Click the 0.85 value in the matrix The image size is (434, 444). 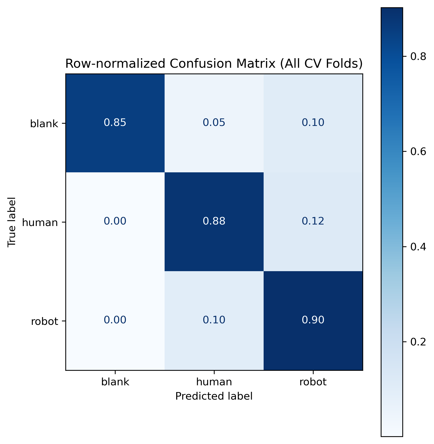[x=115, y=122]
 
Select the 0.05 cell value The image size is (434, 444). [x=214, y=122]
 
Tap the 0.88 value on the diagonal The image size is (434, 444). [x=214, y=221]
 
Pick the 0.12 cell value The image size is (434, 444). [x=313, y=221]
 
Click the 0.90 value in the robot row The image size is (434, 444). [x=313, y=320]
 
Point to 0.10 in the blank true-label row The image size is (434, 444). [x=313, y=122]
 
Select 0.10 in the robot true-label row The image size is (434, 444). [x=214, y=320]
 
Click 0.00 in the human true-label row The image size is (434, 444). [x=115, y=221]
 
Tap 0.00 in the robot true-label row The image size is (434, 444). [x=115, y=320]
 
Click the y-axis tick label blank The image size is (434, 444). [x=44, y=124]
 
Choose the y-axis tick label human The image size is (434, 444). [x=40, y=223]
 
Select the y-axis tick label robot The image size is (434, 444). [x=44, y=321]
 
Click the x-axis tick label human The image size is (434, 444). [x=214, y=382]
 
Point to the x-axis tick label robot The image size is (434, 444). [x=313, y=382]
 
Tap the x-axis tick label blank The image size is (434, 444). [x=115, y=382]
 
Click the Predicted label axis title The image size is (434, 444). [x=214, y=396]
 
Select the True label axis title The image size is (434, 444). [x=12, y=222]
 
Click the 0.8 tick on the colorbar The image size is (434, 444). [x=418, y=57]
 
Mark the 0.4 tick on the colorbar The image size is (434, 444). [x=418, y=247]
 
